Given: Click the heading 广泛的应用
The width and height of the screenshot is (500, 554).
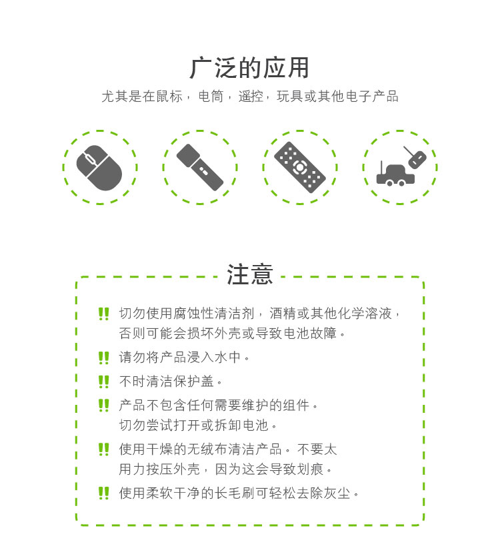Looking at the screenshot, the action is coord(249,68).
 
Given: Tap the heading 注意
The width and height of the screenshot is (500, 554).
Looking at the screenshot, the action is coord(250,274).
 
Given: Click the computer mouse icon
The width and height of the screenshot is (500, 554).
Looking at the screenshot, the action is coord(99,168).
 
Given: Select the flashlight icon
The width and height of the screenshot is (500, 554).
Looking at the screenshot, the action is coord(200,167).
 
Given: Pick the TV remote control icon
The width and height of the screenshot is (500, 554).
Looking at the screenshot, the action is coord(300,168).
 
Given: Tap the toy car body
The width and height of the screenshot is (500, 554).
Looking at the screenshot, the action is coord(395,176).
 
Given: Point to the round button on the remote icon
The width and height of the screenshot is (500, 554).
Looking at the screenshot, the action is coord(300,167).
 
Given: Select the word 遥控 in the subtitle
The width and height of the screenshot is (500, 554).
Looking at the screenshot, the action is coord(251,97).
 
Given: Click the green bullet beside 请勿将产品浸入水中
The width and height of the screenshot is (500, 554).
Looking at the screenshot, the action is coord(104,358).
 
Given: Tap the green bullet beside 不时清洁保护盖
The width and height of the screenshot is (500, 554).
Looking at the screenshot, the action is coord(104,382).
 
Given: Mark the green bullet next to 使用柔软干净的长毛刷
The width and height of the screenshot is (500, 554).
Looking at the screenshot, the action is coord(104,493).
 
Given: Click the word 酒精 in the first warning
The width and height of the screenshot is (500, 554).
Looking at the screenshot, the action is coord(283,314).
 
